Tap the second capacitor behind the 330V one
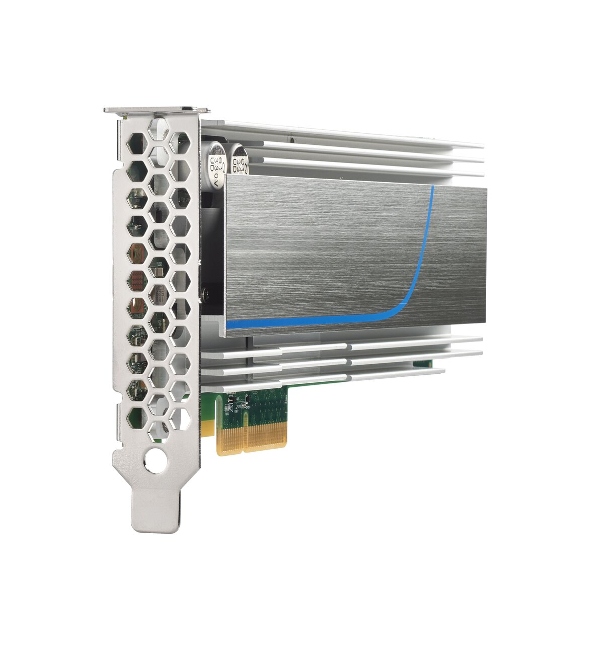(x=237, y=159)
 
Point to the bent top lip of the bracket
(x=157, y=110)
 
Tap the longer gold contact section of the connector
(x=265, y=435)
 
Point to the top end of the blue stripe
(x=432, y=189)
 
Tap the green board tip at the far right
(x=423, y=363)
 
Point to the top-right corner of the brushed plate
(x=485, y=189)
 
